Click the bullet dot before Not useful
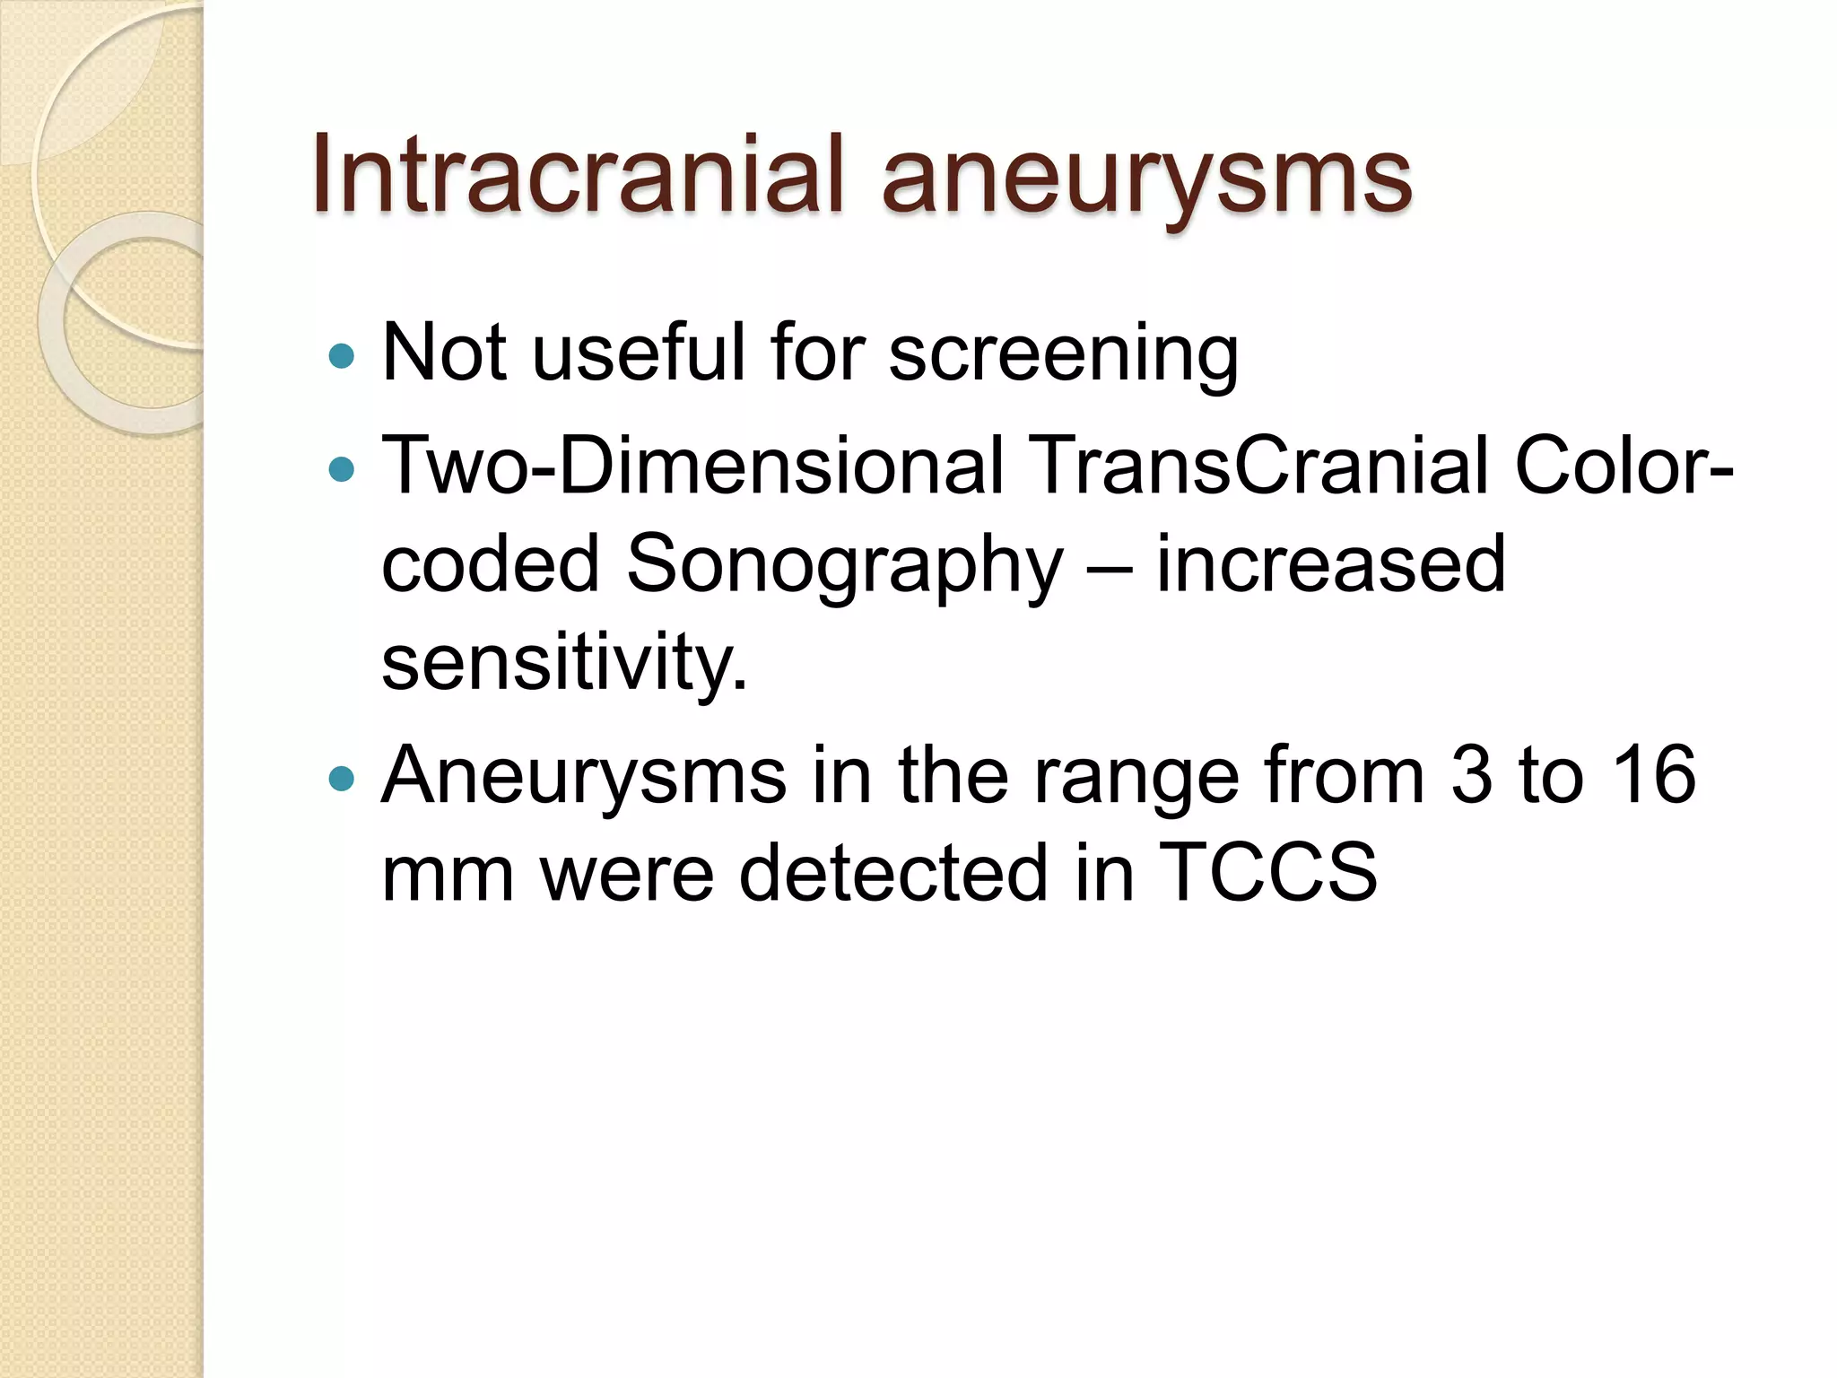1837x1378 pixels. pyautogui.click(x=342, y=357)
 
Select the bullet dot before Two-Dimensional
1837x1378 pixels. pyautogui.click(x=342, y=468)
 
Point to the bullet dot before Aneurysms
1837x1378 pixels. pyautogui.click(x=342, y=777)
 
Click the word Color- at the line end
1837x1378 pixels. pyautogui.click(x=1624, y=466)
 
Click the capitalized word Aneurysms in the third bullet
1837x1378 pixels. pyautogui.click(x=584, y=777)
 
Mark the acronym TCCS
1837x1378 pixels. pyautogui.click(x=1267, y=872)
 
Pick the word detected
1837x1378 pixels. pyautogui.click(x=892, y=872)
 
